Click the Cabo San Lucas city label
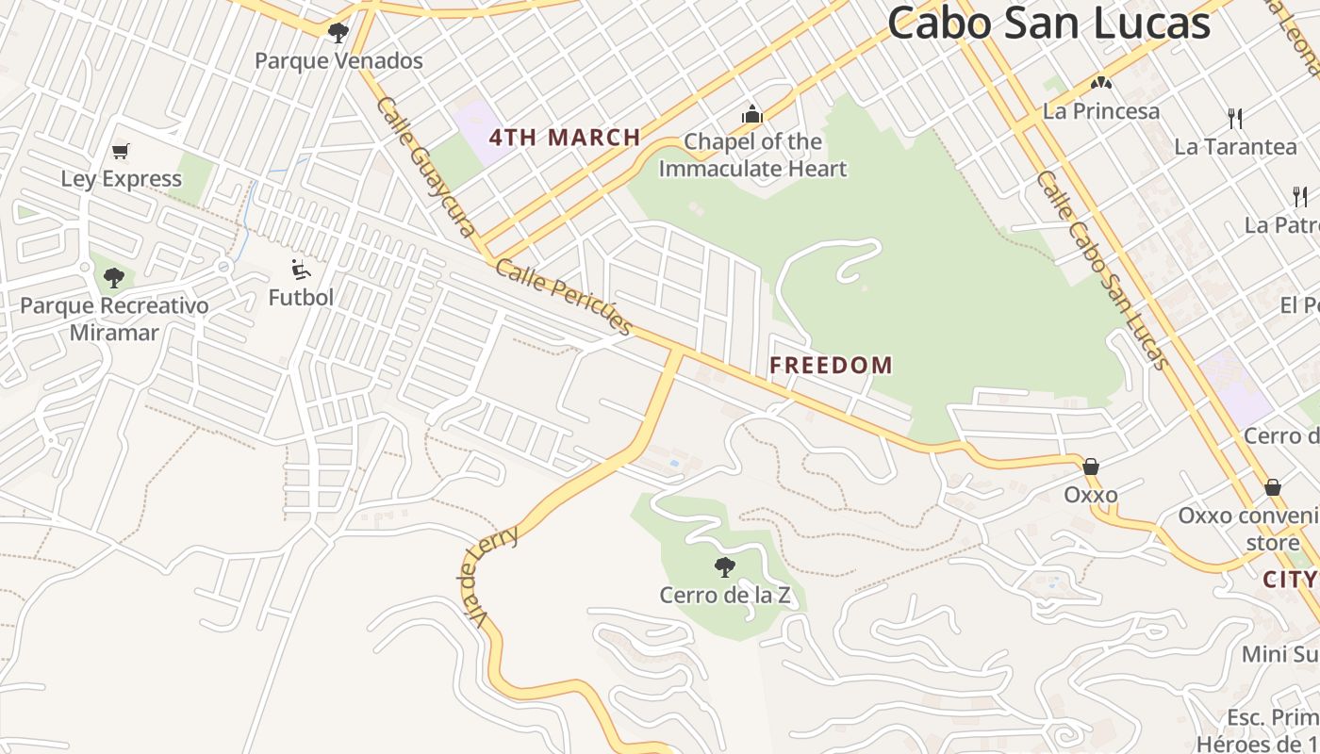click(x=1048, y=23)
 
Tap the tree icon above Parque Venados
click(x=338, y=33)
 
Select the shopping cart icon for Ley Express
click(x=120, y=151)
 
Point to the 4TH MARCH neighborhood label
click(x=565, y=138)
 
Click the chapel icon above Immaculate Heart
click(x=751, y=114)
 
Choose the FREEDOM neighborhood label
click(x=832, y=365)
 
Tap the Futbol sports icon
click(x=301, y=270)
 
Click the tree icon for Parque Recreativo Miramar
click(x=114, y=278)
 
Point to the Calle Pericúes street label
click(x=564, y=297)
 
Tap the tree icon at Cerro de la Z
click(x=724, y=566)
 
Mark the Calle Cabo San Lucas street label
click(x=1102, y=270)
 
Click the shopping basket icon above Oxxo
click(x=1090, y=467)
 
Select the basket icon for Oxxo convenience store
click(x=1272, y=487)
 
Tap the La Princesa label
click(x=1100, y=111)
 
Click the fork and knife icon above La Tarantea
click(x=1235, y=118)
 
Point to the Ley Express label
click(x=121, y=179)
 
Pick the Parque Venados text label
click(x=338, y=61)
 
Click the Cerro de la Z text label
click(x=724, y=596)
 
